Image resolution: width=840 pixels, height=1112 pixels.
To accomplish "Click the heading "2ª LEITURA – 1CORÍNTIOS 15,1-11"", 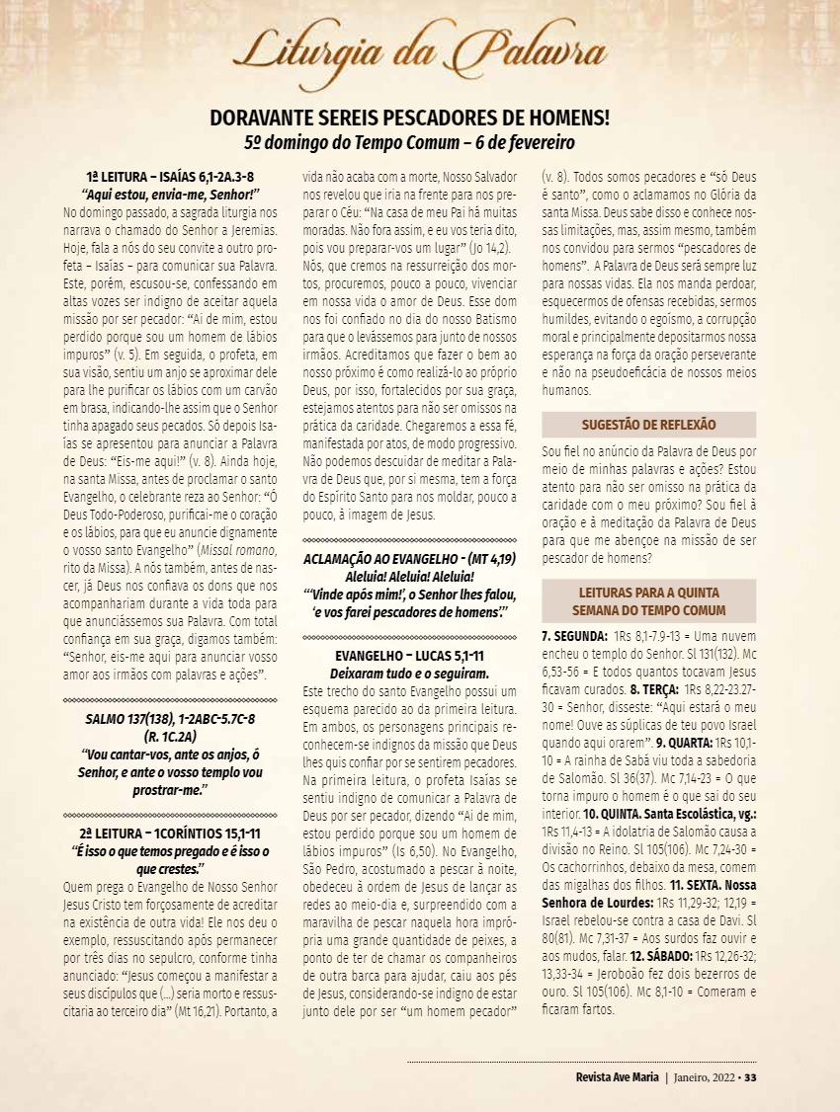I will pos(169,834).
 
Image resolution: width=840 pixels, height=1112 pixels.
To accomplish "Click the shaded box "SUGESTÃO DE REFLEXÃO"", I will pos(648,425).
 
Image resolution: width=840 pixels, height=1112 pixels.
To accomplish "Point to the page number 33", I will pos(750,1076).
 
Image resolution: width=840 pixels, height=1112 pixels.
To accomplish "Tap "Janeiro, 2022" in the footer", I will pos(704,1076).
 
